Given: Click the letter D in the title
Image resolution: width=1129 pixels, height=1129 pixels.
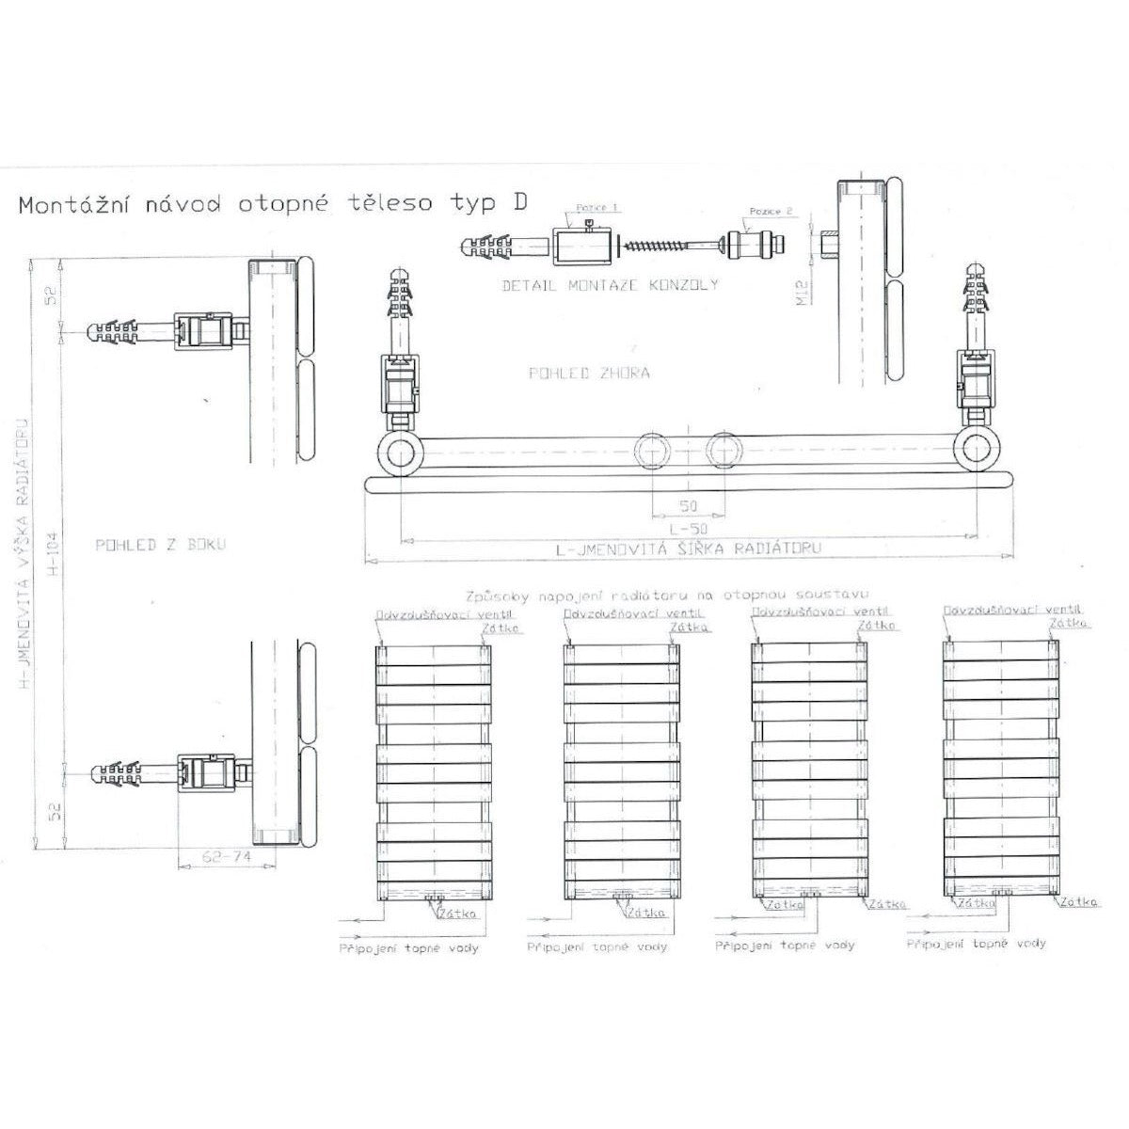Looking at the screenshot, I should click(x=517, y=203).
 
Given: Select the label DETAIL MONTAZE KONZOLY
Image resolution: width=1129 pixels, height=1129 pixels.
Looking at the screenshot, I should click(x=609, y=284).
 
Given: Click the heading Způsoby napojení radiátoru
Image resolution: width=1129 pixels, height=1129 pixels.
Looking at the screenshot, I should click(x=666, y=595).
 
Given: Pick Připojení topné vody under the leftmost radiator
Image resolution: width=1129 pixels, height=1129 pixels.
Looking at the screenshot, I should click(x=408, y=947).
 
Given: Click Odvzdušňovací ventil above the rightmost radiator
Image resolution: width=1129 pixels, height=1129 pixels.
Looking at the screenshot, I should click(x=997, y=611).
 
